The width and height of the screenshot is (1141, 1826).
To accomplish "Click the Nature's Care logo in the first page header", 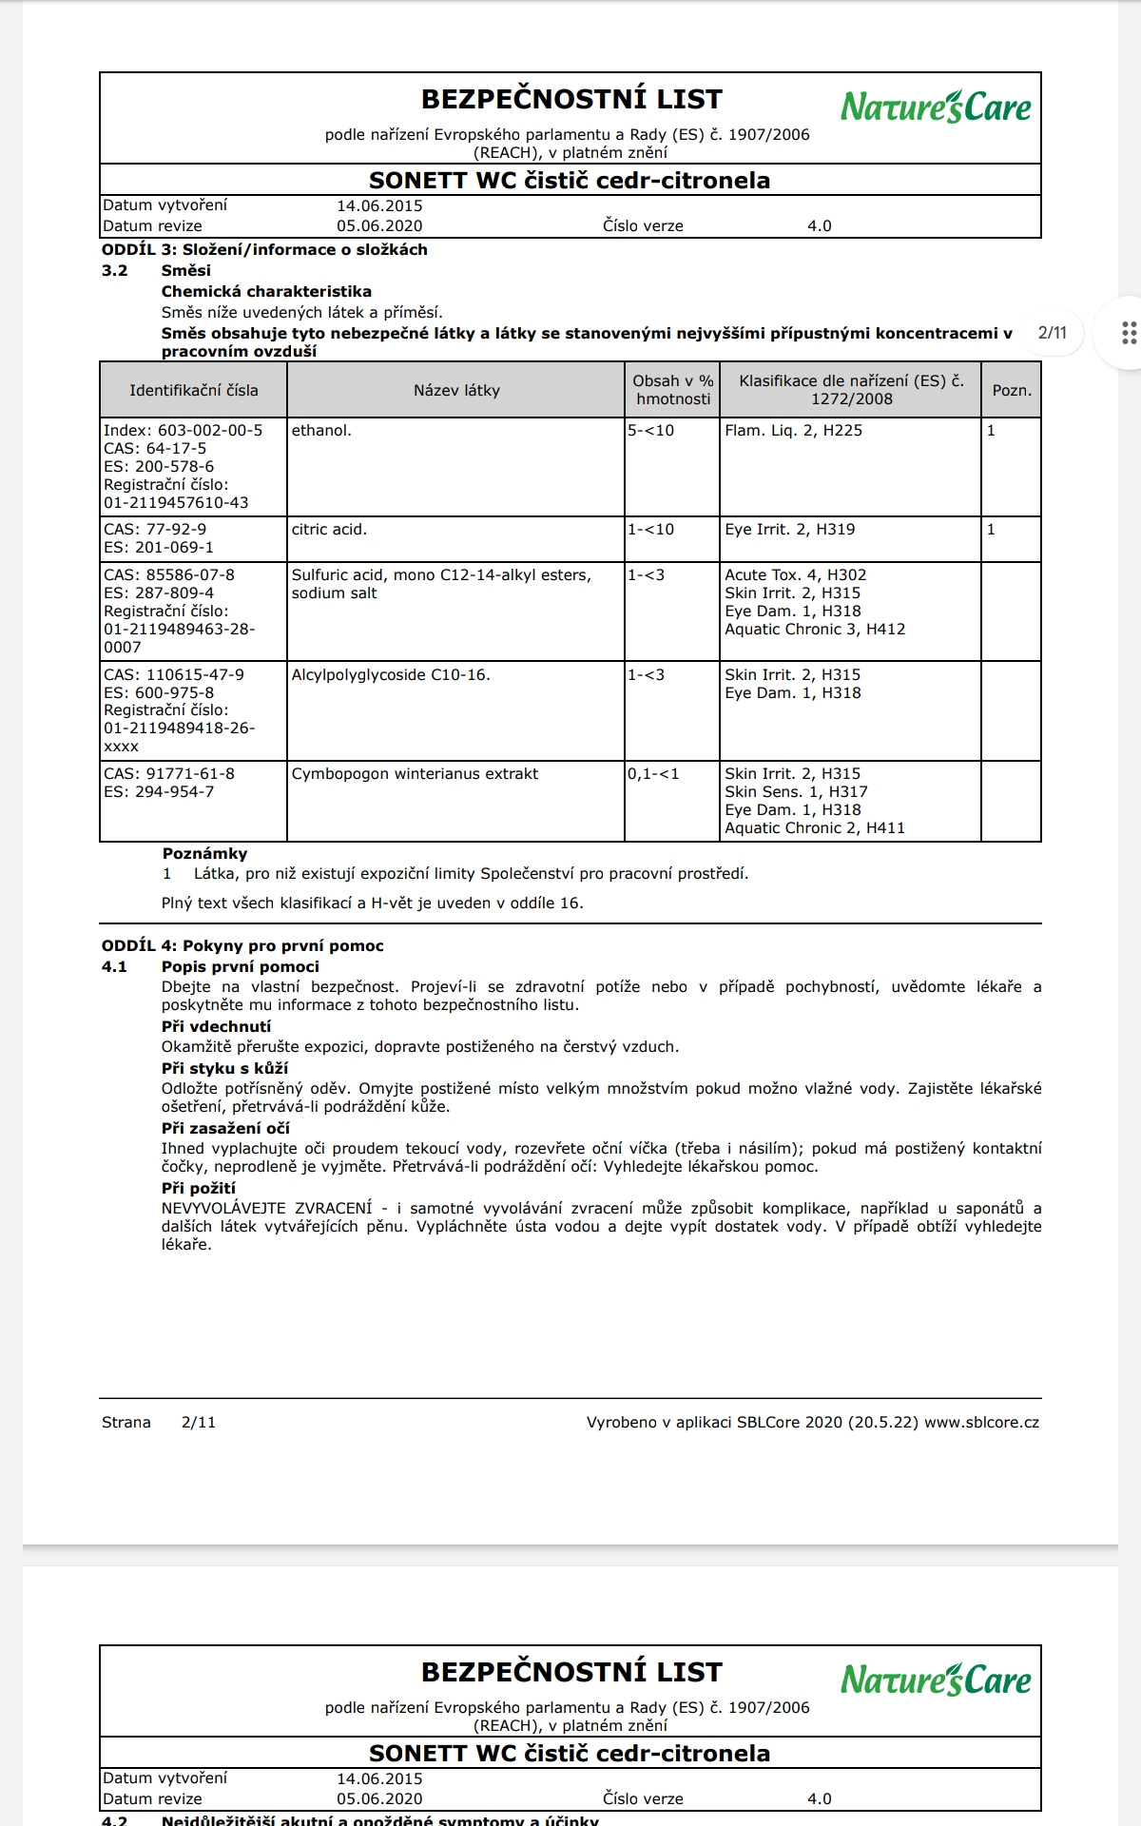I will (935, 107).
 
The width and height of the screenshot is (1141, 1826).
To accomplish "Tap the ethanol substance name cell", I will (321, 431).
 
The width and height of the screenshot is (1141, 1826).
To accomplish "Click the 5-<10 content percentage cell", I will (651, 431).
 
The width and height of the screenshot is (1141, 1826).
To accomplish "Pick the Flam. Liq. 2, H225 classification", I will (793, 431).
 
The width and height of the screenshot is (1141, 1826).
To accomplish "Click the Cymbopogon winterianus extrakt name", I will (415, 774).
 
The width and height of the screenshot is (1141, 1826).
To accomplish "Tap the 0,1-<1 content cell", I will (653, 774).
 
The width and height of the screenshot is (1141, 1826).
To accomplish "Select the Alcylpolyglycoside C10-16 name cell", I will (391, 675).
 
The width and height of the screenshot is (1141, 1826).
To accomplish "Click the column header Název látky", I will (456, 390).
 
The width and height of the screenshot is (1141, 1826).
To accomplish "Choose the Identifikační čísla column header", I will (194, 390).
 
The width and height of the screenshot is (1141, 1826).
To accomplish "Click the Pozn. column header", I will (1012, 390).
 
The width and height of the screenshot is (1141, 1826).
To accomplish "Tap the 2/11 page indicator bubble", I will (1053, 333).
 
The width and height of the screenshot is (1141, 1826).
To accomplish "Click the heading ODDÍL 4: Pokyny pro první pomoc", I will (242, 946).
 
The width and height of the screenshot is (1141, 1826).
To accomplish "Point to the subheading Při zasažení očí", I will (225, 1129).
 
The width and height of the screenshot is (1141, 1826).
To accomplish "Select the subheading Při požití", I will (199, 1189).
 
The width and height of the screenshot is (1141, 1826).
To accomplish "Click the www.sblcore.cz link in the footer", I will (981, 1423).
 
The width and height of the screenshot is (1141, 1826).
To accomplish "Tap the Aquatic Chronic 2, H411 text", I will (815, 828).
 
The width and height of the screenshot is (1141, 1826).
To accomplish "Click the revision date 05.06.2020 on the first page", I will (379, 226).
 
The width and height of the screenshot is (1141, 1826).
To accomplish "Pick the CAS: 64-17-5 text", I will (155, 449).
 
